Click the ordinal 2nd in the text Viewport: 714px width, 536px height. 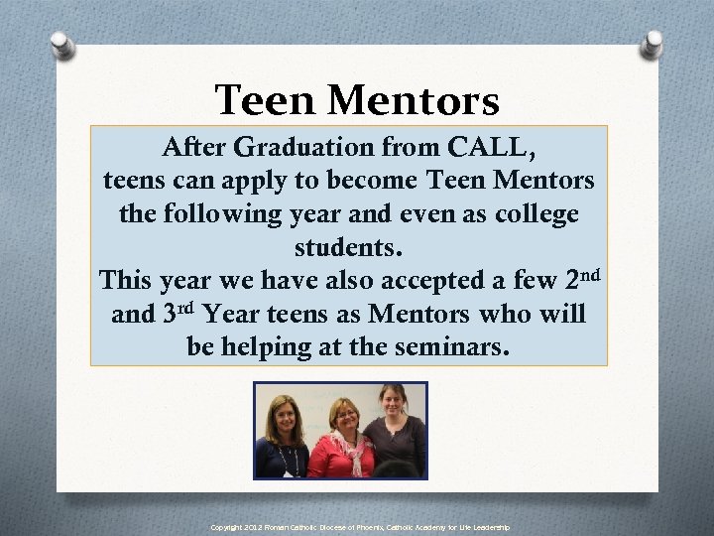pos(579,278)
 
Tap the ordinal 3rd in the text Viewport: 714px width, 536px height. pos(178,314)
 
